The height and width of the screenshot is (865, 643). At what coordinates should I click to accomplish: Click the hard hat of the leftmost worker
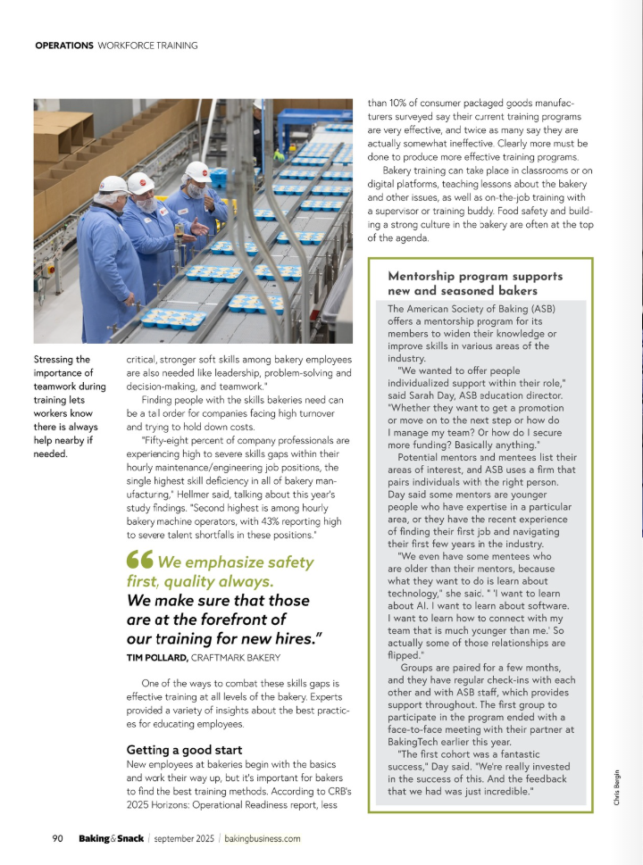[x=113, y=185]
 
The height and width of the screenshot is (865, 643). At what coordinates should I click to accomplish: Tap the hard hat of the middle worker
[x=140, y=182]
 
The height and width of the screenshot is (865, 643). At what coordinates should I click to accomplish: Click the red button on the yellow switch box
[x=50, y=267]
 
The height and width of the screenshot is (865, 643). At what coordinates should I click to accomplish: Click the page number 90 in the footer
[x=57, y=838]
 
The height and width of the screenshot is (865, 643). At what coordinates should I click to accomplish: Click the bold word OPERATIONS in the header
[x=63, y=45]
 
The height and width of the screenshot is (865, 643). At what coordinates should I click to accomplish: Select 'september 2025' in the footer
[x=183, y=838]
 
